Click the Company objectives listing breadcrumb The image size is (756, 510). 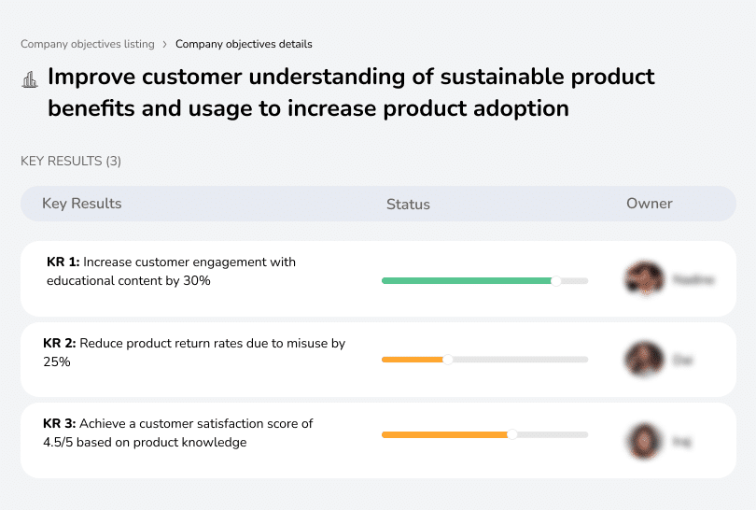pos(87,44)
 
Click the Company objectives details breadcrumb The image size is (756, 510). pos(244,44)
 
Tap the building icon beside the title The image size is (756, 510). pos(29,78)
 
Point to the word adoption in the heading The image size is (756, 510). pos(522,108)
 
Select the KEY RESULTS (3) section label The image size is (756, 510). pos(71,161)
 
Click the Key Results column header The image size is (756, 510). pos(81,204)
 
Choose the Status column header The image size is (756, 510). pos(408,204)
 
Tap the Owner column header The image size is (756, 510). pos(649,204)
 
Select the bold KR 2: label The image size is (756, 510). pos(60,344)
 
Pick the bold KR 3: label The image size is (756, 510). pos(60,424)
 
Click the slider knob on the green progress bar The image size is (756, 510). pos(556,280)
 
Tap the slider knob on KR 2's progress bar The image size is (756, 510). pos(447,360)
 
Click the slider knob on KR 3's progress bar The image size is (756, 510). pos(511,434)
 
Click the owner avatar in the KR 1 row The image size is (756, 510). pos(644,279)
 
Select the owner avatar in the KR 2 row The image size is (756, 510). pos(644,360)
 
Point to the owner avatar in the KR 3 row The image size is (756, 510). pos(644,440)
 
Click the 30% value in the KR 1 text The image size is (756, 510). pos(197,280)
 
